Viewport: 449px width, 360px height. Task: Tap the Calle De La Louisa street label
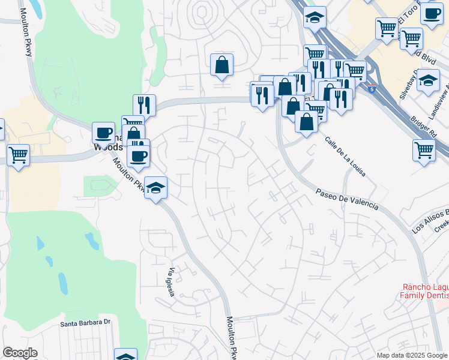pos(345,157)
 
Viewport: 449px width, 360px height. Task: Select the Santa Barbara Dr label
pos(86,323)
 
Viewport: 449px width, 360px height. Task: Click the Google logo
pos(20,353)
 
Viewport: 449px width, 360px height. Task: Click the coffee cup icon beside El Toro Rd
pos(430,13)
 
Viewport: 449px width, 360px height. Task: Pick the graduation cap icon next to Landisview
pos(428,80)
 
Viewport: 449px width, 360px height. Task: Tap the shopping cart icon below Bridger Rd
pos(424,149)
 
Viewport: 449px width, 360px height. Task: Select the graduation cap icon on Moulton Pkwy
pos(155,188)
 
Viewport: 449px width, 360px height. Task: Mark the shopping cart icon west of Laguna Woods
pos(18,154)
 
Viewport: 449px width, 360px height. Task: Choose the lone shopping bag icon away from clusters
pos(221,64)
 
